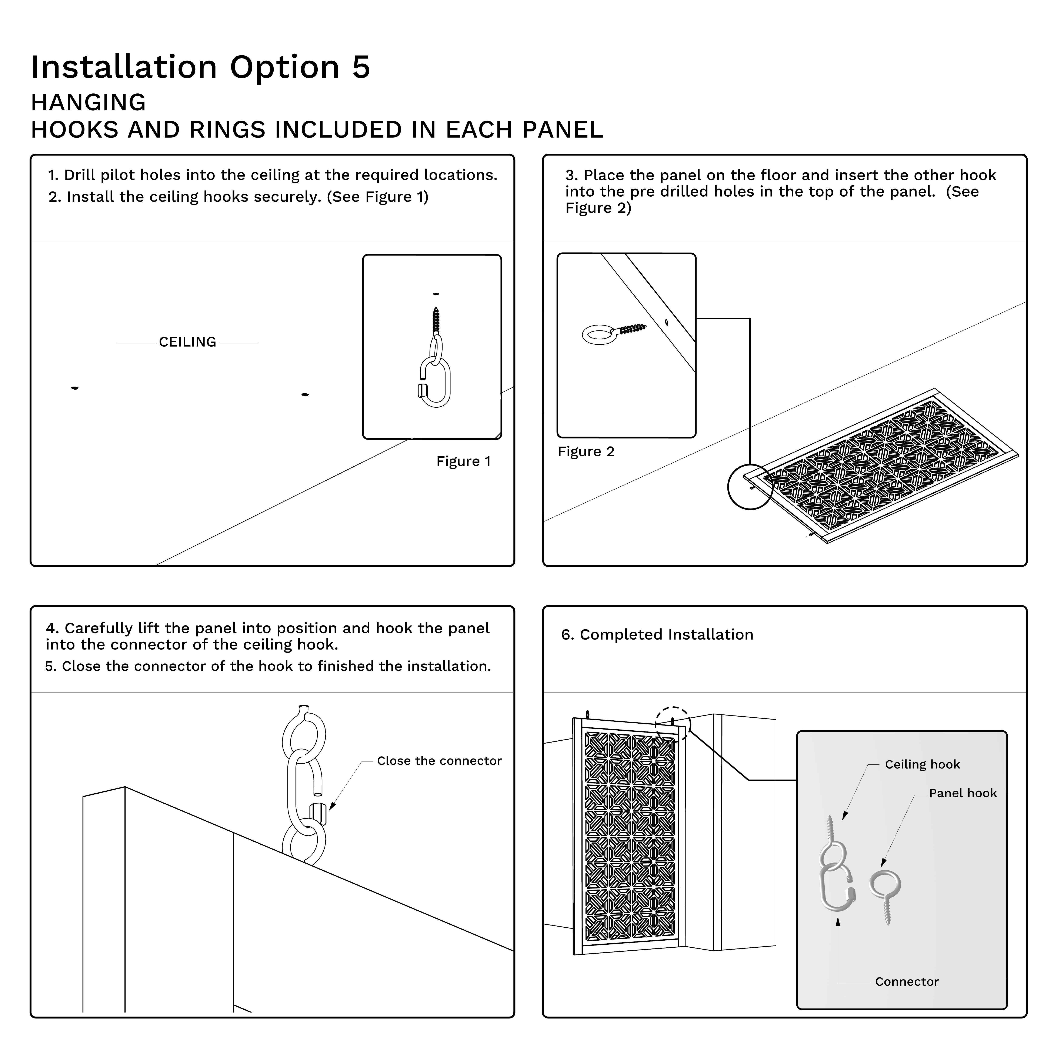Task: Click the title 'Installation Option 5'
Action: (x=200, y=67)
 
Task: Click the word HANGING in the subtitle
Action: (x=88, y=102)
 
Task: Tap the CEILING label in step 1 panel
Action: (x=187, y=342)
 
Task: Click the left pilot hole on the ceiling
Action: (x=75, y=388)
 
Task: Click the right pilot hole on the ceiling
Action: (x=305, y=395)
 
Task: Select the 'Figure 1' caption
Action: (x=463, y=461)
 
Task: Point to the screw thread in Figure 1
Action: (x=436, y=319)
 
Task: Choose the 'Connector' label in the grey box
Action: (x=907, y=981)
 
